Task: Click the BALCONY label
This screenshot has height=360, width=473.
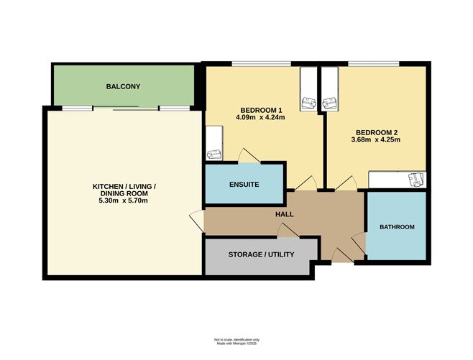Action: [123, 86]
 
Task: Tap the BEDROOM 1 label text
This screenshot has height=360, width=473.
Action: [261, 110]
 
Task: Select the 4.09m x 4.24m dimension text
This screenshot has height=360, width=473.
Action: [260, 117]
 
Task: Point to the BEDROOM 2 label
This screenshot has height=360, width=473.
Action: [377, 132]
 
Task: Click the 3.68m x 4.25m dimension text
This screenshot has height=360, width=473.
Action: [376, 139]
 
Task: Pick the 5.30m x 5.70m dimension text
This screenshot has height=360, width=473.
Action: [124, 200]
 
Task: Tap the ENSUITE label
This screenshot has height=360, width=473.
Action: [244, 184]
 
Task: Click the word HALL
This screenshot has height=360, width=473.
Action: [285, 214]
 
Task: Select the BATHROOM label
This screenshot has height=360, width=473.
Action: [397, 227]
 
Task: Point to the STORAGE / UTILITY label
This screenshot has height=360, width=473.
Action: [261, 254]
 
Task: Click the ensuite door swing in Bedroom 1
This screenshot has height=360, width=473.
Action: [249, 156]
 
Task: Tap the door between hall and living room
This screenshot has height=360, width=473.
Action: [197, 221]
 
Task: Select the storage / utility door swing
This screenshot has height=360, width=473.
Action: [288, 231]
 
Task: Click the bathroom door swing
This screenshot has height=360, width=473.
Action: [359, 243]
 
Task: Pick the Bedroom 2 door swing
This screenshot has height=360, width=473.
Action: [346, 183]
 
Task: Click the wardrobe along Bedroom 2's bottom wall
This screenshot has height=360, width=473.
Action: [398, 180]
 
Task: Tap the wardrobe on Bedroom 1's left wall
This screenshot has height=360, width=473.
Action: [214, 143]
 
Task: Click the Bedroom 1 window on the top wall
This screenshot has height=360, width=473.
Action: [261, 64]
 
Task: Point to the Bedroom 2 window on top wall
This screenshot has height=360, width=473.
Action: [374, 64]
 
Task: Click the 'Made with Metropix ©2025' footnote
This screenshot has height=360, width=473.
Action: [236, 343]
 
